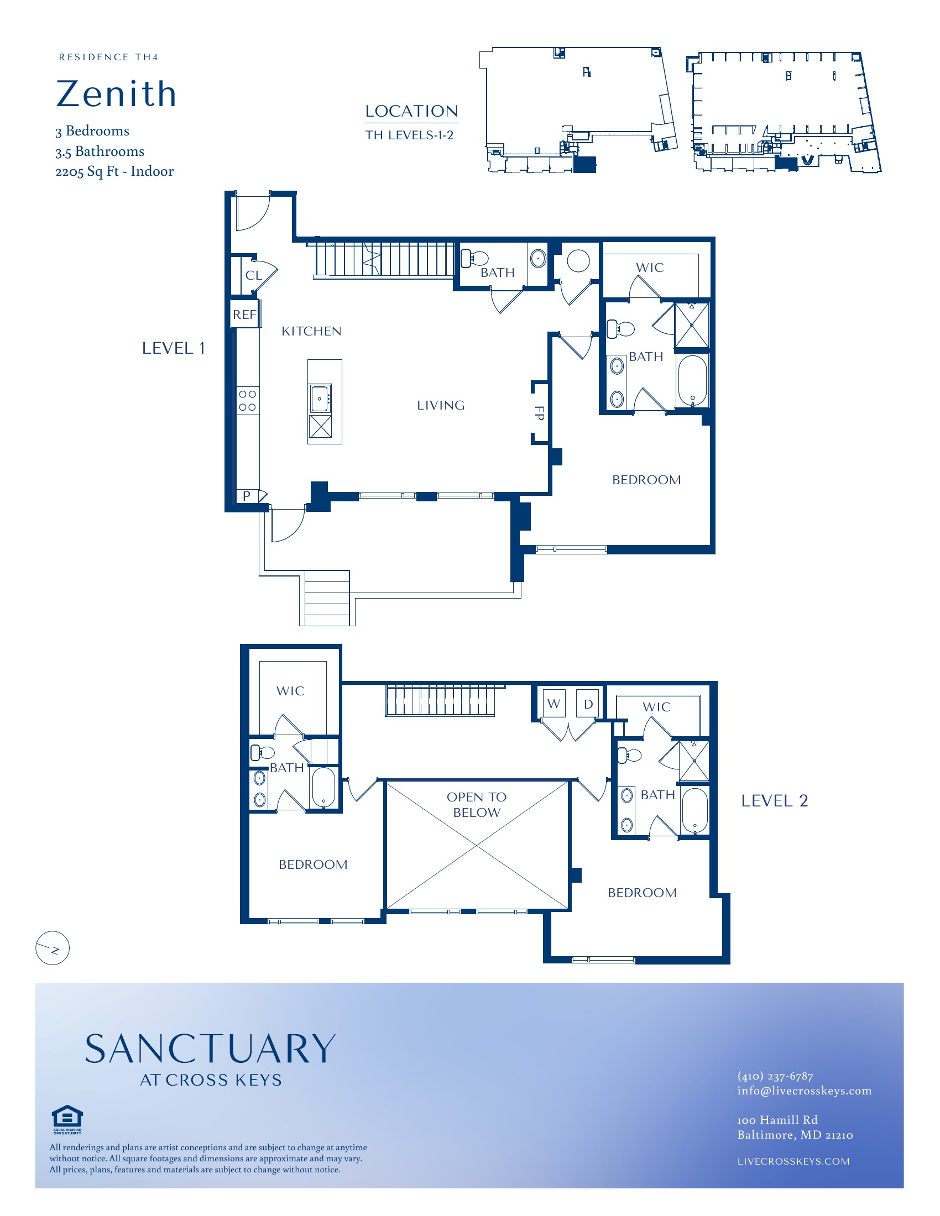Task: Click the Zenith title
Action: click(116, 93)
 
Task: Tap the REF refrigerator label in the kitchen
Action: click(244, 315)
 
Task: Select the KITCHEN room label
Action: click(311, 331)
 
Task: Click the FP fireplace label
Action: click(539, 413)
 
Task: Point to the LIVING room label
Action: click(441, 405)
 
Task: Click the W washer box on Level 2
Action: click(554, 703)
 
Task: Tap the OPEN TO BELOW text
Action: click(477, 805)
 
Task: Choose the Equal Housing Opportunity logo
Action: click(67, 1119)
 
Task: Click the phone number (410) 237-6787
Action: click(775, 1076)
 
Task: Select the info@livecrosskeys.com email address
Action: click(804, 1091)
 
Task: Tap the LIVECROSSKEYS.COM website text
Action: click(793, 1161)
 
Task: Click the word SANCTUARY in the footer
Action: click(211, 1050)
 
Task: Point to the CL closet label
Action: click(254, 276)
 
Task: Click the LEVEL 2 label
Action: click(774, 801)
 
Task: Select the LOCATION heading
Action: click(411, 111)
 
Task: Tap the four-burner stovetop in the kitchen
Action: click(247, 401)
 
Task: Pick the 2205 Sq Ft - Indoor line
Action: click(114, 171)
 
